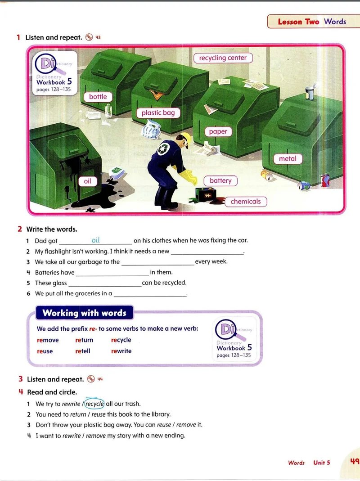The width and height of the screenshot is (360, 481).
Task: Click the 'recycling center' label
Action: click(223, 58)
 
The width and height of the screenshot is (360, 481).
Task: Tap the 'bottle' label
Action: click(98, 97)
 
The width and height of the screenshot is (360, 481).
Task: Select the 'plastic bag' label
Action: click(158, 113)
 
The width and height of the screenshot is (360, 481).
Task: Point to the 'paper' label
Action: click(218, 131)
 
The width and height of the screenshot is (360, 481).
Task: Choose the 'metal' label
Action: click(288, 158)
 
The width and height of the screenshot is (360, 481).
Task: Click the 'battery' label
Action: click(220, 181)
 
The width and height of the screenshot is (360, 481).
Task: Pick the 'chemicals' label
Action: click(246, 202)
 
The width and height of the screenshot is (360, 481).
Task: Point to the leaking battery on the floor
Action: click(207, 194)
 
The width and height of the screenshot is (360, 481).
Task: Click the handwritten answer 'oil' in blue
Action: click(96, 240)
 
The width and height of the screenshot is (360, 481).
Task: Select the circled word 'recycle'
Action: click(94, 404)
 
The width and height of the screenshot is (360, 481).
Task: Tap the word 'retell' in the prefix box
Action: click(83, 351)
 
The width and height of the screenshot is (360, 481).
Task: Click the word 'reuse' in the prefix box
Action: click(45, 351)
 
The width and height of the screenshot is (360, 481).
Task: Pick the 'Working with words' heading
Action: click(85, 313)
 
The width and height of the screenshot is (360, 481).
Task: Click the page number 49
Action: click(355, 461)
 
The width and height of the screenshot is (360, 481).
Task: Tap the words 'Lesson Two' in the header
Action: click(298, 22)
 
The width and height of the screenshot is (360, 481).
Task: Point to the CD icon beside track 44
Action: click(91, 379)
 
